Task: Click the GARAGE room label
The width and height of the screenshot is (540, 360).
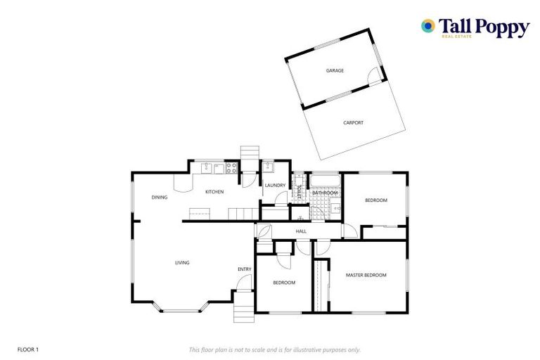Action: click(335, 70)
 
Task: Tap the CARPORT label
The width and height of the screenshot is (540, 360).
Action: click(354, 122)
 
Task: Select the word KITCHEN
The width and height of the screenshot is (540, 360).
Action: click(214, 192)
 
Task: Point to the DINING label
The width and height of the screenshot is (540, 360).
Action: click(160, 197)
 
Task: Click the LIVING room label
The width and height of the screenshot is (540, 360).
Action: click(182, 263)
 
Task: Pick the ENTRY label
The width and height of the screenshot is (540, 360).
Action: click(244, 269)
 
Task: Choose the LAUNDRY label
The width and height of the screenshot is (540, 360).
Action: click(275, 186)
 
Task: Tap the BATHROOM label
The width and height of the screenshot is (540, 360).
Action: click(325, 193)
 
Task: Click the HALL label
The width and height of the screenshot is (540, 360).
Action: click(301, 231)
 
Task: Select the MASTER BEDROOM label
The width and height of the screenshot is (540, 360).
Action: click(366, 275)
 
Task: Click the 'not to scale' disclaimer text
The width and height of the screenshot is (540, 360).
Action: click(274, 349)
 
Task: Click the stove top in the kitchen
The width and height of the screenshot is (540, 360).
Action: click(230, 168)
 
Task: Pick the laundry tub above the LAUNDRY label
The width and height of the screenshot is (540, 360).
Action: click(268, 168)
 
